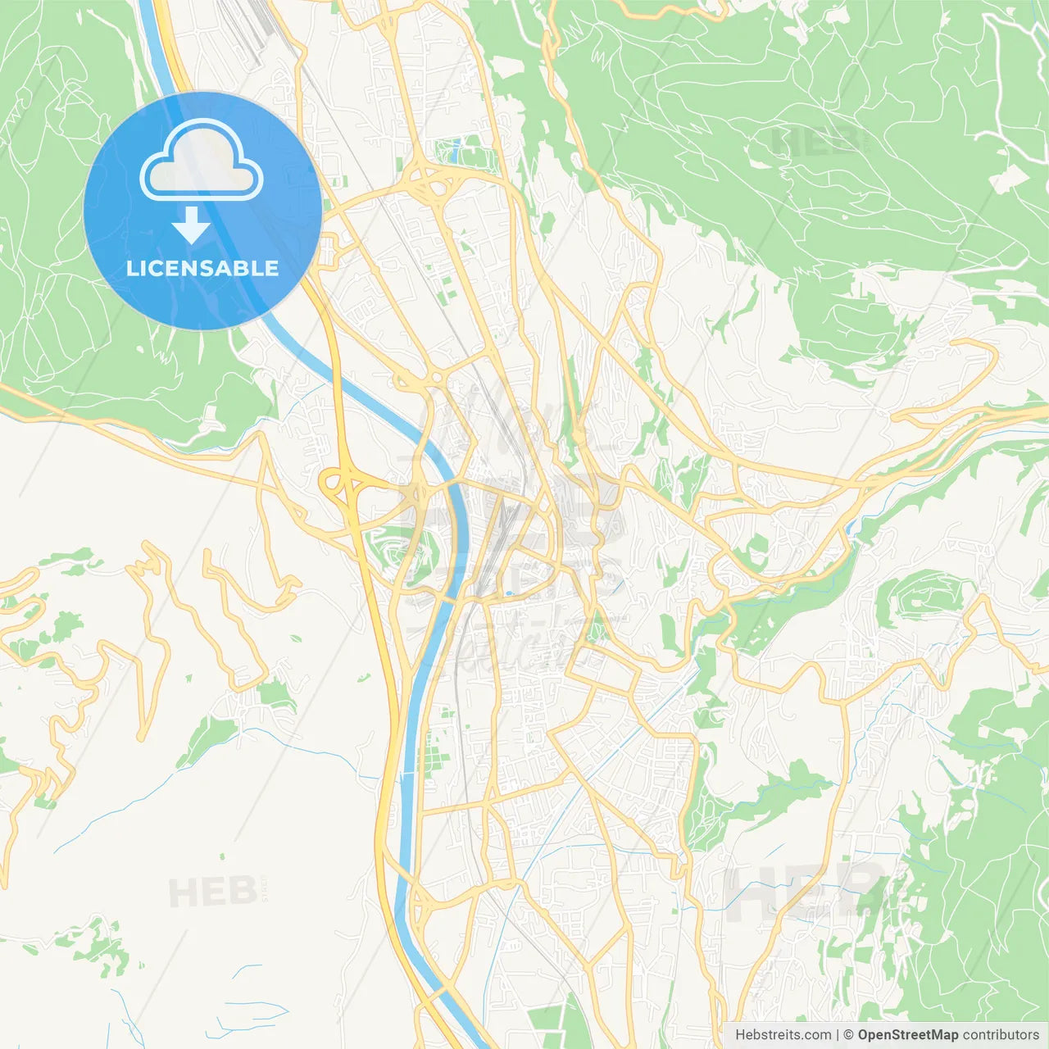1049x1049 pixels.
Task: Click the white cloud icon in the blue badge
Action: pyautogui.click(x=202, y=160)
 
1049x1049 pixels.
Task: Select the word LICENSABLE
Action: pyautogui.click(x=202, y=268)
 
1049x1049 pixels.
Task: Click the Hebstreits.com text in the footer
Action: pyautogui.click(x=783, y=1035)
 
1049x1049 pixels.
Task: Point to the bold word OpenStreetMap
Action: pyautogui.click(x=907, y=1035)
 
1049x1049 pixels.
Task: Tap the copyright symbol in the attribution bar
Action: pyautogui.click(x=849, y=1035)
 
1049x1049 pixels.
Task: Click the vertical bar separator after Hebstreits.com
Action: pyautogui.click(x=838, y=1035)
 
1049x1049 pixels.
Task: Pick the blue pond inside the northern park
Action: pyautogui.click(x=456, y=151)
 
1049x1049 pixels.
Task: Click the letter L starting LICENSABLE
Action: pyautogui.click(x=131, y=268)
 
